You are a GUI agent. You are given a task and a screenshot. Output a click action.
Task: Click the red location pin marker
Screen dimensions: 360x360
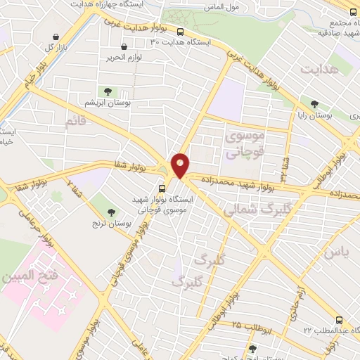click(181, 164)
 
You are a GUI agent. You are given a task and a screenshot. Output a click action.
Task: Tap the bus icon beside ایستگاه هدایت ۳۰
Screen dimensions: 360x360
click(181, 32)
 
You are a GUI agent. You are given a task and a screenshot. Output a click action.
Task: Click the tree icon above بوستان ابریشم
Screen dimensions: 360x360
click(108, 91)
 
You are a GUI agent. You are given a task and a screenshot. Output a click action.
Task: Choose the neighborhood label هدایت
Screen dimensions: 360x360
click(319, 70)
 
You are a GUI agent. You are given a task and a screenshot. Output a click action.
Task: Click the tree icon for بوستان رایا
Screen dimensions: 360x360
click(304, 103)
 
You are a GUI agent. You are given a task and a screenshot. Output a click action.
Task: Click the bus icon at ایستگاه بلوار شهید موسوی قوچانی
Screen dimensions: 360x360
click(162, 188)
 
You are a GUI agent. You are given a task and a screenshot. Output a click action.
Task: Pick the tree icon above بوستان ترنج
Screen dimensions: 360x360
click(111, 211)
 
